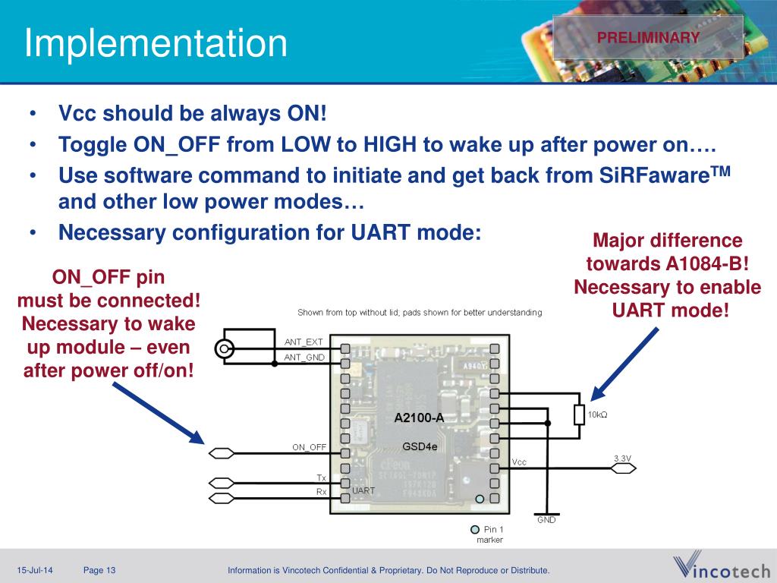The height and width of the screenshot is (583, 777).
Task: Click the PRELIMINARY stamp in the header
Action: [x=647, y=37]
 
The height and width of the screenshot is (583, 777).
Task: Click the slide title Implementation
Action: [x=156, y=43]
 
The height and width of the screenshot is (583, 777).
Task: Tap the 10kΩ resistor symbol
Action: [x=579, y=414]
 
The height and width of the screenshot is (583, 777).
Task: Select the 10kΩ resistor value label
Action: [x=598, y=414]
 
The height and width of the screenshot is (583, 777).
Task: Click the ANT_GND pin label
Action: [x=304, y=357]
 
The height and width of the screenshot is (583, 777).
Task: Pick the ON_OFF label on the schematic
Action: [x=310, y=447]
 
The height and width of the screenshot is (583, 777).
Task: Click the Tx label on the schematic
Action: [x=322, y=477]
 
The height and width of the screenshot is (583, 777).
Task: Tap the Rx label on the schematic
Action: [x=322, y=492]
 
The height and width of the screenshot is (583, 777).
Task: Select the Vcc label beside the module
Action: [x=519, y=462]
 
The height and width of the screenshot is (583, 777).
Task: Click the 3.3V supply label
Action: [x=622, y=458]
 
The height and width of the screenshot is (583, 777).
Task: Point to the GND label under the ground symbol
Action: [x=546, y=520]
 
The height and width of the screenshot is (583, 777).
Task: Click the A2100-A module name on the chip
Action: [x=419, y=418]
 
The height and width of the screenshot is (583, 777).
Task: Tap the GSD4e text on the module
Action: [x=420, y=446]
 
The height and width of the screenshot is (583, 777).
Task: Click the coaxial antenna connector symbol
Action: [x=224, y=349]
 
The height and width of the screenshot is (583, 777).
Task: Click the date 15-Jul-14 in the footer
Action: [x=36, y=571]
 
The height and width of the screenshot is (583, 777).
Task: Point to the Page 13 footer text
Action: [x=99, y=571]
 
